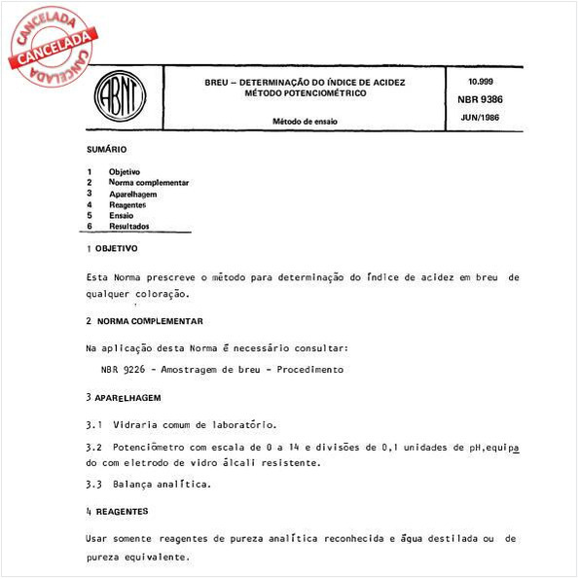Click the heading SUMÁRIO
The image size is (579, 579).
point(106,151)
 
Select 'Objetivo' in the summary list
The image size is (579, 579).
point(124,172)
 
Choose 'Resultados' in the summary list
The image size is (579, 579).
point(129,226)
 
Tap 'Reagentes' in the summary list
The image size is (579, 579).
point(127,204)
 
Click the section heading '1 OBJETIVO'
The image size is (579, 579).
point(112,249)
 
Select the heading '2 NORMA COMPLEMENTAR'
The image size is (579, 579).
point(144,321)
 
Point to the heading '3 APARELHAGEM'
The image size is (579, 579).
point(123,398)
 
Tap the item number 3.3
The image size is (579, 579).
point(94,484)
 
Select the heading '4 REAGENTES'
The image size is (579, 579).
point(117,510)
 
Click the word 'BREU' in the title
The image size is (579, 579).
point(216,83)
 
